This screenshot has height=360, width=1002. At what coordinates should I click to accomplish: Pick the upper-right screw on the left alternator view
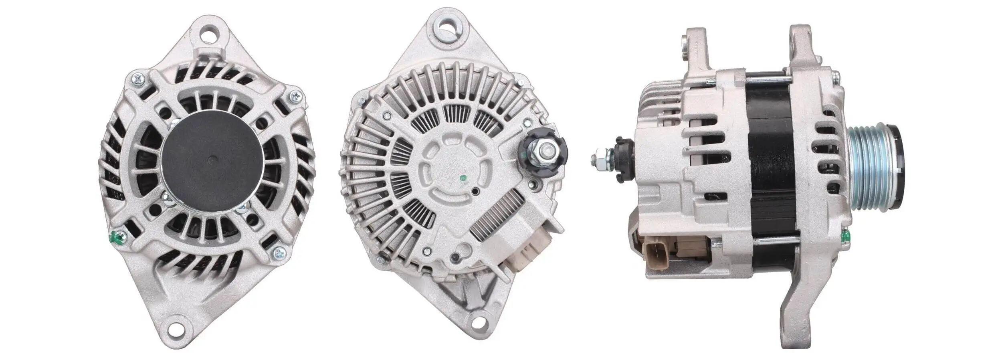click(x=296, y=96)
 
